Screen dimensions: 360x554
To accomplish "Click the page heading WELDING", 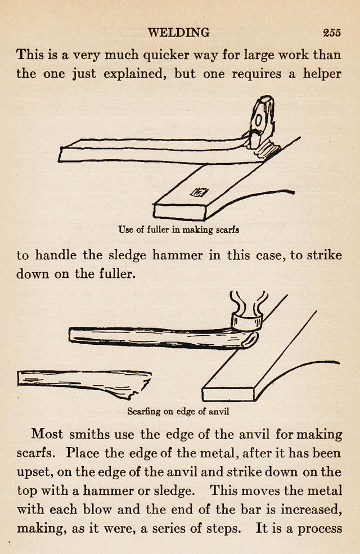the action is tap(178, 32).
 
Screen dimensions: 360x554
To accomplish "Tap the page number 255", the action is tap(332, 33).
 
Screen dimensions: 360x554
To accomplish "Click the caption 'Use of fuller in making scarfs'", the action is tap(179, 229).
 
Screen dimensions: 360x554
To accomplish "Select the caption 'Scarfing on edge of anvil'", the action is tap(178, 412).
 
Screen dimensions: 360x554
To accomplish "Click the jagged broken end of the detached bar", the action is tap(141, 387).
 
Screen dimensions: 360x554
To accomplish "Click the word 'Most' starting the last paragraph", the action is tap(47, 434).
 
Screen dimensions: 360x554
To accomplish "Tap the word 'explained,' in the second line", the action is tap(135, 75).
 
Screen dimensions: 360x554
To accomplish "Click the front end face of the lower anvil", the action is tap(228, 394).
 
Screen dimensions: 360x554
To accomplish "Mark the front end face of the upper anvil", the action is tap(179, 211).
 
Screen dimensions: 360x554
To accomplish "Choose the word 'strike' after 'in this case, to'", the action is tap(325, 255).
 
